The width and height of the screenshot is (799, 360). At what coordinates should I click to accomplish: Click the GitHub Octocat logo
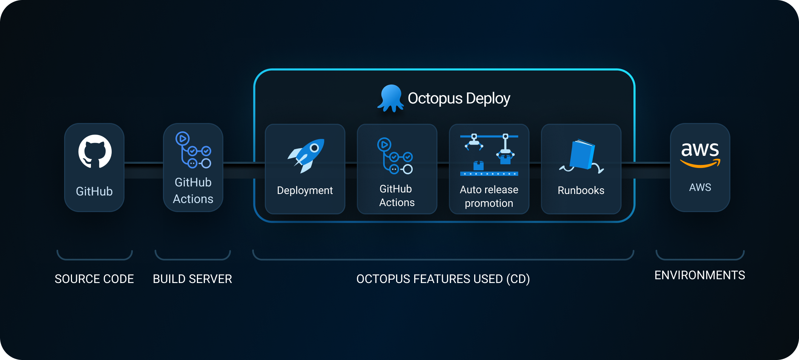[x=95, y=152]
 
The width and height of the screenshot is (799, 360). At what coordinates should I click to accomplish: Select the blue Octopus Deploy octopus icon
[x=390, y=98]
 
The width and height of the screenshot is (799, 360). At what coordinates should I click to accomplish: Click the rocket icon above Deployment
[x=306, y=156]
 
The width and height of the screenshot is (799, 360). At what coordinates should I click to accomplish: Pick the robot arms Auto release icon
[x=489, y=155]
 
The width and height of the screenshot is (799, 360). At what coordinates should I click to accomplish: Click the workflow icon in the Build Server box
[x=193, y=150]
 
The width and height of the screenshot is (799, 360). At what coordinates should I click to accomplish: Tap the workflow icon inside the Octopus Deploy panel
[x=395, y=156]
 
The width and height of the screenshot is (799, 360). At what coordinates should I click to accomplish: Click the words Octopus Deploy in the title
[x=459, y=98]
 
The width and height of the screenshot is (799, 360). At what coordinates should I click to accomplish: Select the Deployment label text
[x=305, y=191]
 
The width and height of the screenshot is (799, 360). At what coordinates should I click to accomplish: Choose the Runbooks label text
[x=581, y=191]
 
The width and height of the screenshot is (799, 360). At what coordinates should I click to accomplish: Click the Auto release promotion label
[x=489, y=196]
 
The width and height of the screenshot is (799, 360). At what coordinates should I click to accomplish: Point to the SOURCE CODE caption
[x=94, y=279]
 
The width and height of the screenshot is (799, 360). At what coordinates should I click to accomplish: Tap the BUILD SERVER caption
[x=192, y=279]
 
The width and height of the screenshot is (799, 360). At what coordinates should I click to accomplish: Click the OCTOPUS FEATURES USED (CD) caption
[x=443, y=279]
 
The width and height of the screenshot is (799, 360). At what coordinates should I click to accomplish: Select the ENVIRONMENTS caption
[x=699, y=275]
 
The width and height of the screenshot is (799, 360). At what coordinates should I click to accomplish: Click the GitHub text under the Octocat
[x=94, y=191]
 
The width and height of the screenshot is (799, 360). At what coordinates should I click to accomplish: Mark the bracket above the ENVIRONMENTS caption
[x=700, y=258]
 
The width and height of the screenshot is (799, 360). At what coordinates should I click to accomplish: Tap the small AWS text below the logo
[x=700, y=187]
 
